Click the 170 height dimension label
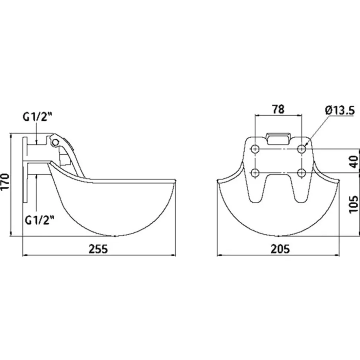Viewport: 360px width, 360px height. pyautogui.click(x=5, y=181)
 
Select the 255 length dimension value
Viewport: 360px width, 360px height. pyautogui.click(x=98, y=249)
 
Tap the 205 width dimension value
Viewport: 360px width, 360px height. pyautogui.click(x=280, y=249)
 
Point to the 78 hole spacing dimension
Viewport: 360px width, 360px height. pyautogui.click(x=278, y=109)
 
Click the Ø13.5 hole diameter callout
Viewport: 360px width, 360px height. pyautogui.click(x=340, y=111)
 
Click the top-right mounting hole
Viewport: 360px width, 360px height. pyautogui.click(x=302, y=149)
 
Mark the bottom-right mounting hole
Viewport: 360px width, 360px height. pyautogui.click(x=302, y=173)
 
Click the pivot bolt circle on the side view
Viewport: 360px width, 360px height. pyautogui.click(x=55, y=143)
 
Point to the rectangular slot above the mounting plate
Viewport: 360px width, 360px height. pyautogui.click(x=278, y=138)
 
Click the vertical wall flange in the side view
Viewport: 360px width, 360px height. pyautogui.click(x=25, y=169)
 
